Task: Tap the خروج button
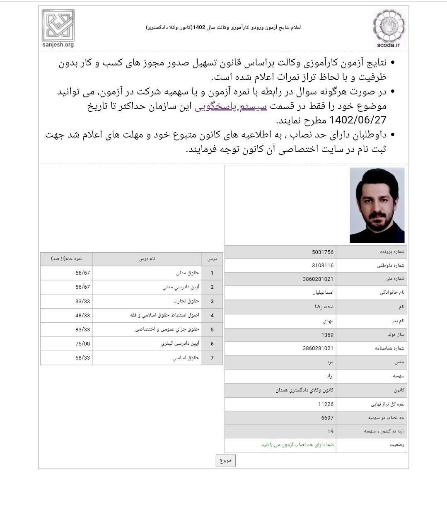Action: click(225, 460)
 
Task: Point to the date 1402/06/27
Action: click(358, 120)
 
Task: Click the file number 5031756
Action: click(323, 252)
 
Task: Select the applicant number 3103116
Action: click(323, 266)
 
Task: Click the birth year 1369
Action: click(327, 335)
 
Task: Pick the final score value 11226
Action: click(326, 404)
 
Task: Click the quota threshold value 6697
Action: click(327, 418)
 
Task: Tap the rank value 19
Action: click(330, 432)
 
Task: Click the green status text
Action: click(297, 445)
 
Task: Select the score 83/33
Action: click(82, 330)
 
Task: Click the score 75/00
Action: click(82, 344)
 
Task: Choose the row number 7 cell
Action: click(212, 358)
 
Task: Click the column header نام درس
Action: click(147, 259)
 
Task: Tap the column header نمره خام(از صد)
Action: click(66, 259)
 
